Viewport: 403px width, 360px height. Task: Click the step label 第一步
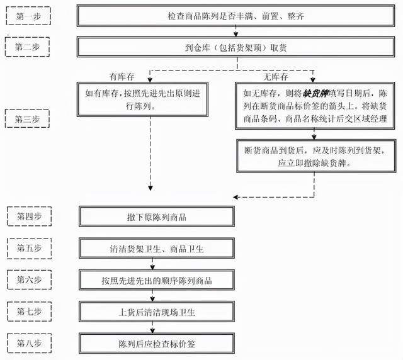point(28,16)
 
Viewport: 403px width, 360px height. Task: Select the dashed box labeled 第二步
point(27,47)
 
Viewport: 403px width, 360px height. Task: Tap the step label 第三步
point(27,118)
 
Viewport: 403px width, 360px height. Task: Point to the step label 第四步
point(29,217)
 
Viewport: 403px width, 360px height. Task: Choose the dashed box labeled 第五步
point(29,248)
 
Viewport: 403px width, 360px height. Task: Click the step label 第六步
point(29,279)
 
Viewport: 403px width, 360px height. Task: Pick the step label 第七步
point(29,312)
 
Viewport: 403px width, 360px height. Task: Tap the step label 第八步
point(29,343)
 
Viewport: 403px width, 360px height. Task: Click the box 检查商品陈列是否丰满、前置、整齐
point(236,16)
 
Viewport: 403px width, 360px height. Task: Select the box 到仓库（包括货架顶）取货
point(236,47)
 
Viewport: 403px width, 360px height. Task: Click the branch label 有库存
point(122,77)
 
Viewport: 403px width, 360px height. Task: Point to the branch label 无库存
point(276,77)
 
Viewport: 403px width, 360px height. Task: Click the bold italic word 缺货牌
point(315,93)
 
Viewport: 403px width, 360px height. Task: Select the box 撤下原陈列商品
point(157,217)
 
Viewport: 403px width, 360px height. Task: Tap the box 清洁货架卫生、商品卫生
point(157,248)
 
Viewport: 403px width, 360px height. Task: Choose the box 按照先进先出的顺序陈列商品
point(157,280)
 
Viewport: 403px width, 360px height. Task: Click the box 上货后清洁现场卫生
point(157,312)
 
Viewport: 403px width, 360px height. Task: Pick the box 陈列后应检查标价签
point(157,343)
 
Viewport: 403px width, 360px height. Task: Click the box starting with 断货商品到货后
point(316,156)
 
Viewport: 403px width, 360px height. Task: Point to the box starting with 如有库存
point(142,99)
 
